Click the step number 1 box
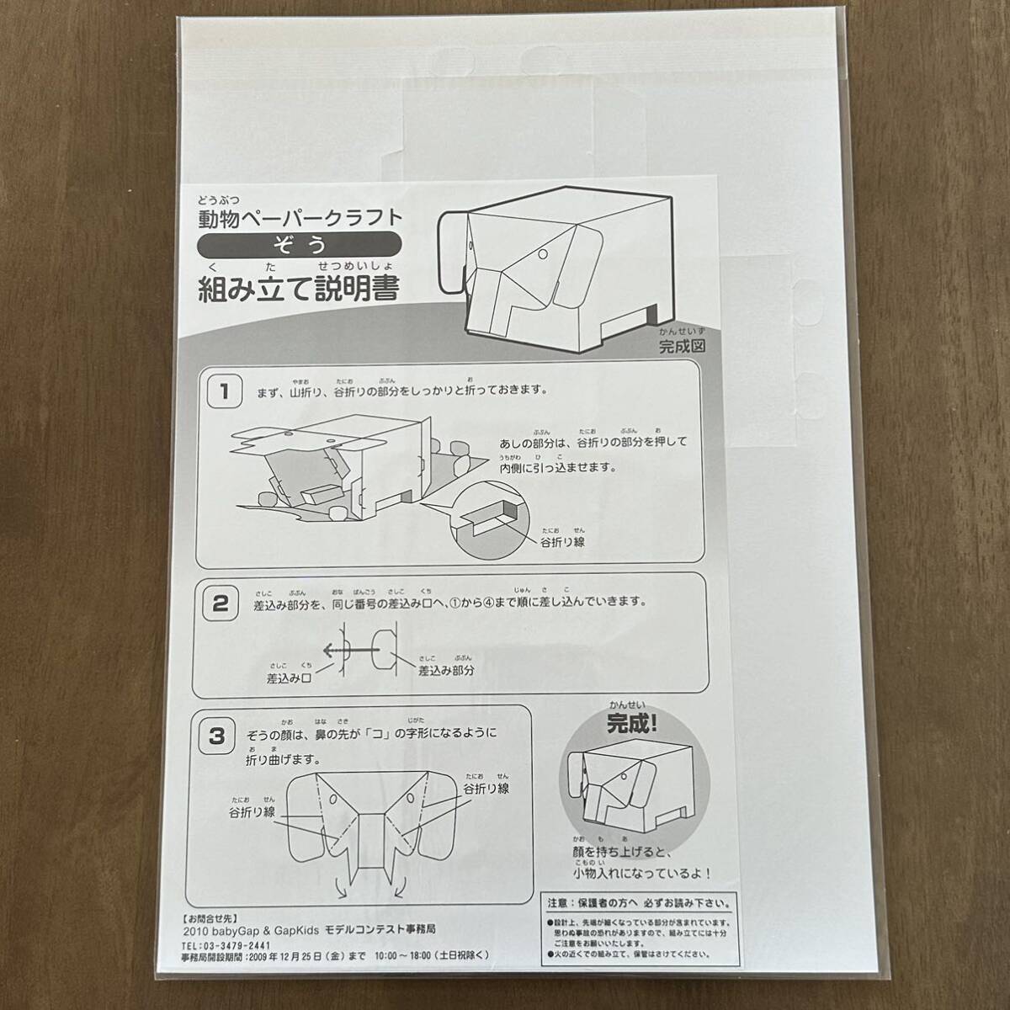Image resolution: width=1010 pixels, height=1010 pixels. pyautogui.click(x=222, y=391)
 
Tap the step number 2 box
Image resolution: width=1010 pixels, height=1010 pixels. pyautogui.click(x=221, y=603)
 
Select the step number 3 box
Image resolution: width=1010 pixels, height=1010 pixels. pyautogui.click(x=217, y=736)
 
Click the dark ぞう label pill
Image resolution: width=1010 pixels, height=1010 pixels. pyautogui.click(x=299, y=244)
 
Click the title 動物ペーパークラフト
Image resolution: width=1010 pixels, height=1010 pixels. pyautogui.click(x=300, y=217)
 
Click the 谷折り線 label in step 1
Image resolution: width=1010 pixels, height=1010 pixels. pyautogui.click(x=563, y=542)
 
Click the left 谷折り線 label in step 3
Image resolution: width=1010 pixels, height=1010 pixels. pyautogui.click(x=252, y=812)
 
